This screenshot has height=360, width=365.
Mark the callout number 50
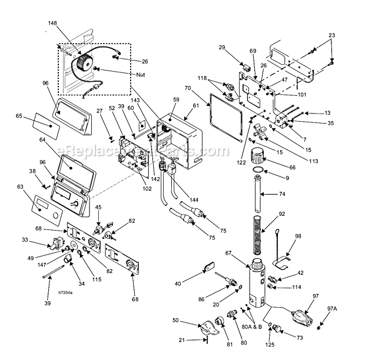pos(175,320)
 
